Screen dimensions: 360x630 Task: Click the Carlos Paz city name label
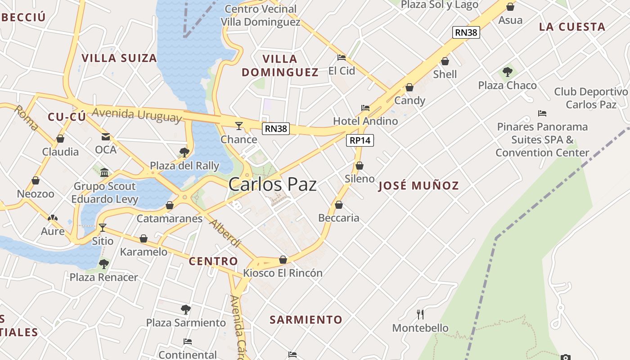pyautogui.click(x=272, y=184)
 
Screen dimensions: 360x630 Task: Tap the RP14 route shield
pyautogui.click(x=360, y=140)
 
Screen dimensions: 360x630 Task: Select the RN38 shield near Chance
pyautogui.click(x=276, y=129)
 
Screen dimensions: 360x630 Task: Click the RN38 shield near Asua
pyautogui.click(x=466, y=32)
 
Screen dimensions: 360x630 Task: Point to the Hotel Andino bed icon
pyautogui.click(x=365, y=108)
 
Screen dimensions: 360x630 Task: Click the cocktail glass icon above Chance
pyautogui.click(x=238, y=126)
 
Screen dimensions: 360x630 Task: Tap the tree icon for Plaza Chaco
pyautogui.click(x=508, y=72)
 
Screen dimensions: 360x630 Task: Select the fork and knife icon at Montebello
pyautogui.click(x=420, y=314)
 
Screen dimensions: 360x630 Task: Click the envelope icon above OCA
pyautogui.click(x=106, y=136)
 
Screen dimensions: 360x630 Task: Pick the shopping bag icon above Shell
pyautogui.click(x=445, y=61)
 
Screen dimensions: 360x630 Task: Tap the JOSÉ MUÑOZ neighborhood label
pyautogui.click(x=418, y=185)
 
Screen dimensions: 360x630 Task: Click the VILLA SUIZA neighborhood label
pyautogui.click(x=119, y=58)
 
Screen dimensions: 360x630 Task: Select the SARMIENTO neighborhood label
pyautogui.click(x=306, y=320)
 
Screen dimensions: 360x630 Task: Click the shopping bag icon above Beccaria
pyautogui.click(x=339, y=205)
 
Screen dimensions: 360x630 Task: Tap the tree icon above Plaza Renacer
pyautogui.click(x=104, y=264)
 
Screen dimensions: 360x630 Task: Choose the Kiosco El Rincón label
pyautogui.click(x=283, y=273)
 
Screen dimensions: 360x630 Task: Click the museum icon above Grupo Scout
pyautogui.click(x=104, y=172)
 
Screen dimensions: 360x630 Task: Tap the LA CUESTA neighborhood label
pyautogui.click(x=572, y=27)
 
